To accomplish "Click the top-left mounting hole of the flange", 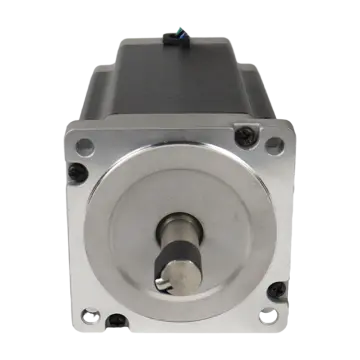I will coord(85,146).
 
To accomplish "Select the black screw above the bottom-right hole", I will coord(276,291).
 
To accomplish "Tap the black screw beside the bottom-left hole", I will coord(117,321).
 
